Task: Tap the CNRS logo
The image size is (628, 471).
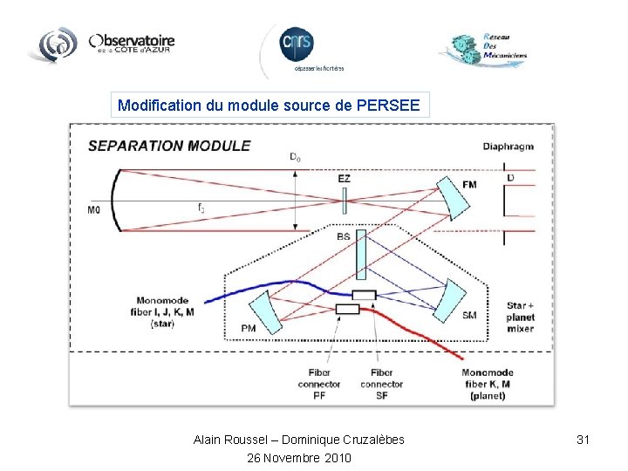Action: coord(297,44)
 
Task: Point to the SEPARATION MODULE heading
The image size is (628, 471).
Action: coord(169,146)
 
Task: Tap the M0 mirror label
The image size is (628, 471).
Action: coord(94,209)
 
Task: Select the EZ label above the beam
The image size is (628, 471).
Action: coord(344,179)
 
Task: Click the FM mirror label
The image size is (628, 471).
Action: coord(470,185)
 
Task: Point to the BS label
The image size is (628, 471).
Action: coord(344,235)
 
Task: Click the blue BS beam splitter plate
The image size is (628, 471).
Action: coord(361,256)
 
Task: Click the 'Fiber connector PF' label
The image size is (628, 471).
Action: coord(319,384)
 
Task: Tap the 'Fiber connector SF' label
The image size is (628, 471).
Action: coord(381,384)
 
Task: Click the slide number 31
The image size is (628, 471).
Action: coord(584,440)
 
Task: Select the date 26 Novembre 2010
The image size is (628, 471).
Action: coord(299,457)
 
